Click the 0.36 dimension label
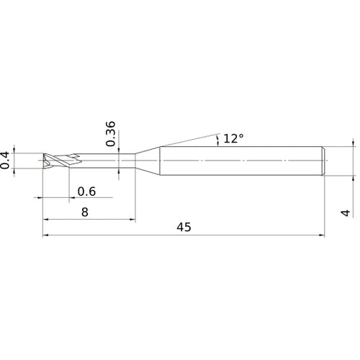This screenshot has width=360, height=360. (110, 134)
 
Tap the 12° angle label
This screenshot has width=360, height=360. (233, 138)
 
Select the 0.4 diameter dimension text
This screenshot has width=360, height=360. (5, 161)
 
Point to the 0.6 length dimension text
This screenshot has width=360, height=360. (86, 192)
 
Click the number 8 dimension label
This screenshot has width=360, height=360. (85, 212)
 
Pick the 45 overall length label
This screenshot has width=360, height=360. (184, 227)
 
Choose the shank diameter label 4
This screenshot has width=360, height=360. (346, 212)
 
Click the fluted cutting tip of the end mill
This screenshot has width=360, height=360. (61, 161)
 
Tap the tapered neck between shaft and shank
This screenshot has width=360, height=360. (148, 161)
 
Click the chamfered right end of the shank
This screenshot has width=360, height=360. (323, 161)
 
